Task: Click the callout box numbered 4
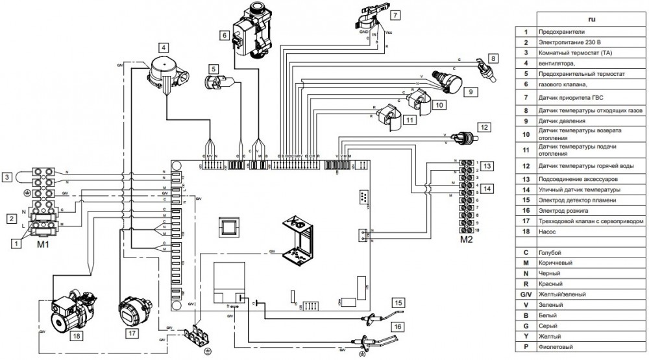[164, 47]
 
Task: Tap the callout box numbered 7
[395, 14]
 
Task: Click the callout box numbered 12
[484, 126]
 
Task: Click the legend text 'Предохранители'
[562, 31]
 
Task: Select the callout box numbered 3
[7, 176]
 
